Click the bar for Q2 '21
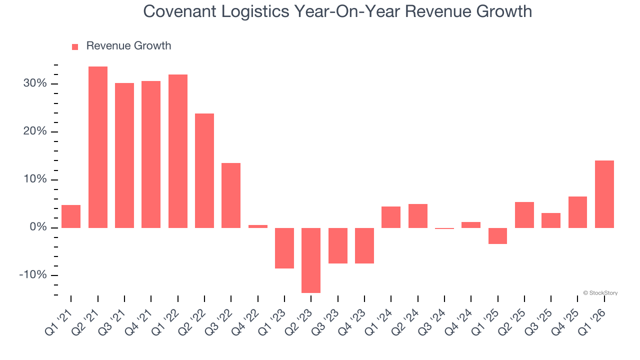98,147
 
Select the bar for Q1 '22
178,151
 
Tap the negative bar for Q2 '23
311,260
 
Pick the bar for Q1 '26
604,194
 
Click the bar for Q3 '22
231,195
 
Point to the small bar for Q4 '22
258,226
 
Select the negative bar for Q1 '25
497,236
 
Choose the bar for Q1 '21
71,216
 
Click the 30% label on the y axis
35,83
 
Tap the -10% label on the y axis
33,275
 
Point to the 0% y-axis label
38,227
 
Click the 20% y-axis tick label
35,131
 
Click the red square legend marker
75,46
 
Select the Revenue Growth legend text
128,46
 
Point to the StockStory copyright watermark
600,293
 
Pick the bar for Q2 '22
204,170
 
